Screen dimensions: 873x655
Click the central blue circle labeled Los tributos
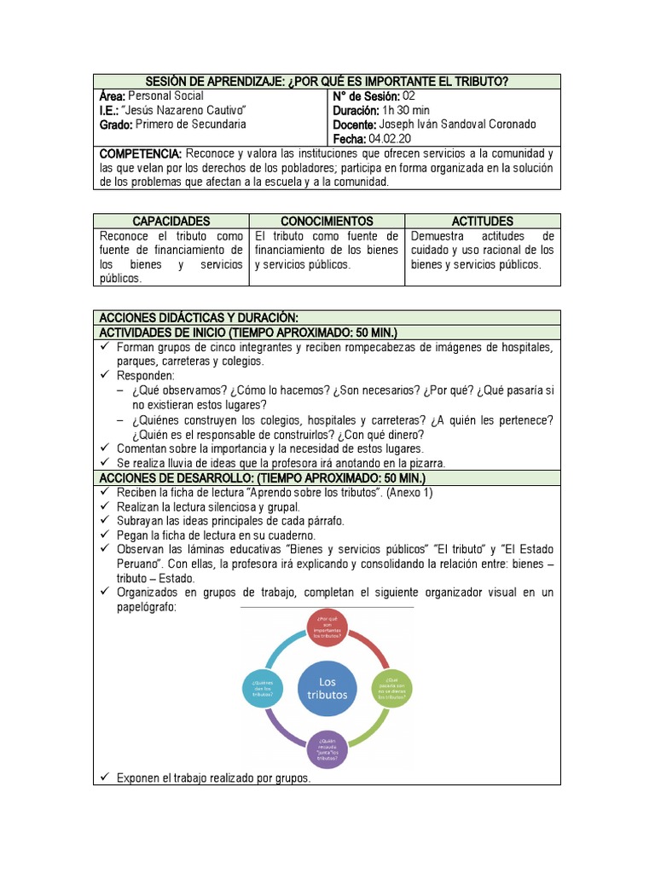[327, 687]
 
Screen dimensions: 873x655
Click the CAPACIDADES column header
[171, 221]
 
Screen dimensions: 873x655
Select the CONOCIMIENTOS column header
[327, 221]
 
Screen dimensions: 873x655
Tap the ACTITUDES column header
[483, 221]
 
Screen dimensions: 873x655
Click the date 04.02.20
[390, 139]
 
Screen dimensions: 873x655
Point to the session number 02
[408, 95]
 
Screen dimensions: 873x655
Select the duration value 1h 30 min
[406, 110]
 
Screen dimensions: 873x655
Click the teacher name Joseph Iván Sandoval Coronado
[457, 124]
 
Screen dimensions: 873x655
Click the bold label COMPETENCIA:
[141, 154]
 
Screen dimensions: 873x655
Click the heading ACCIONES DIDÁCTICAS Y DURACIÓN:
[198, 317]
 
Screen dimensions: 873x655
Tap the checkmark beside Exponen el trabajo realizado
[105, 778]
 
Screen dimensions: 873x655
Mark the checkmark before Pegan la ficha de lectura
[105, 535]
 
